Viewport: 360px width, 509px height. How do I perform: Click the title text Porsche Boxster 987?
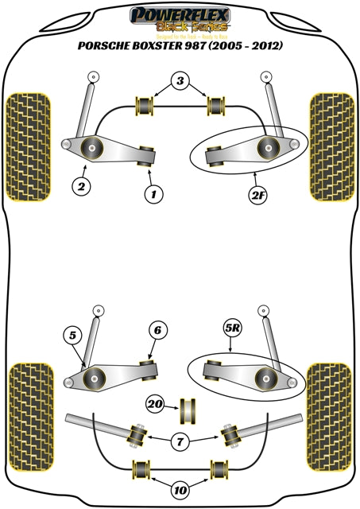point(180,46)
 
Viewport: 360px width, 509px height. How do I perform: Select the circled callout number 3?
point(180,80)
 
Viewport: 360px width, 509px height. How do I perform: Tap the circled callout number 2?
point(79,188)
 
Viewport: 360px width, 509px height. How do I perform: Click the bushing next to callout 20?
point(189,406)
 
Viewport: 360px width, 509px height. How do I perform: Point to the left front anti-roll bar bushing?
point(145,104)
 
